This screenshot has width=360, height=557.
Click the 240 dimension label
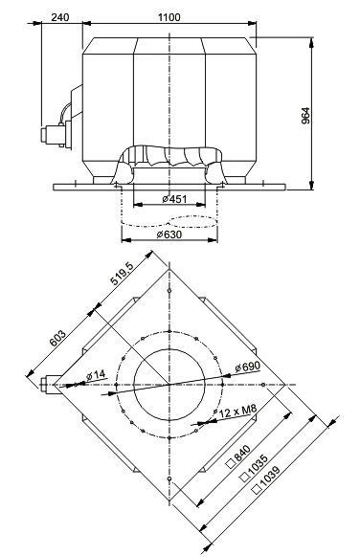point(60,17)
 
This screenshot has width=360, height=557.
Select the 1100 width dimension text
point(169,17)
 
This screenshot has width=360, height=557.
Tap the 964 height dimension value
point(305,116)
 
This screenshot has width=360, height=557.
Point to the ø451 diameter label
point(174,199)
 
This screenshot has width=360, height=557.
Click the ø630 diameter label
point(169,234)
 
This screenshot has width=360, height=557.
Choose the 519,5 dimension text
point(122,275)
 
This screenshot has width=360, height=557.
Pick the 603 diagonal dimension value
point(57,339)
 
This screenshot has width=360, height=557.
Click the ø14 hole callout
point(96,374)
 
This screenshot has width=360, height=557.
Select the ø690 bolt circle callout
point(247,367)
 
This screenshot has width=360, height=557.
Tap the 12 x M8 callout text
point(237,412)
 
